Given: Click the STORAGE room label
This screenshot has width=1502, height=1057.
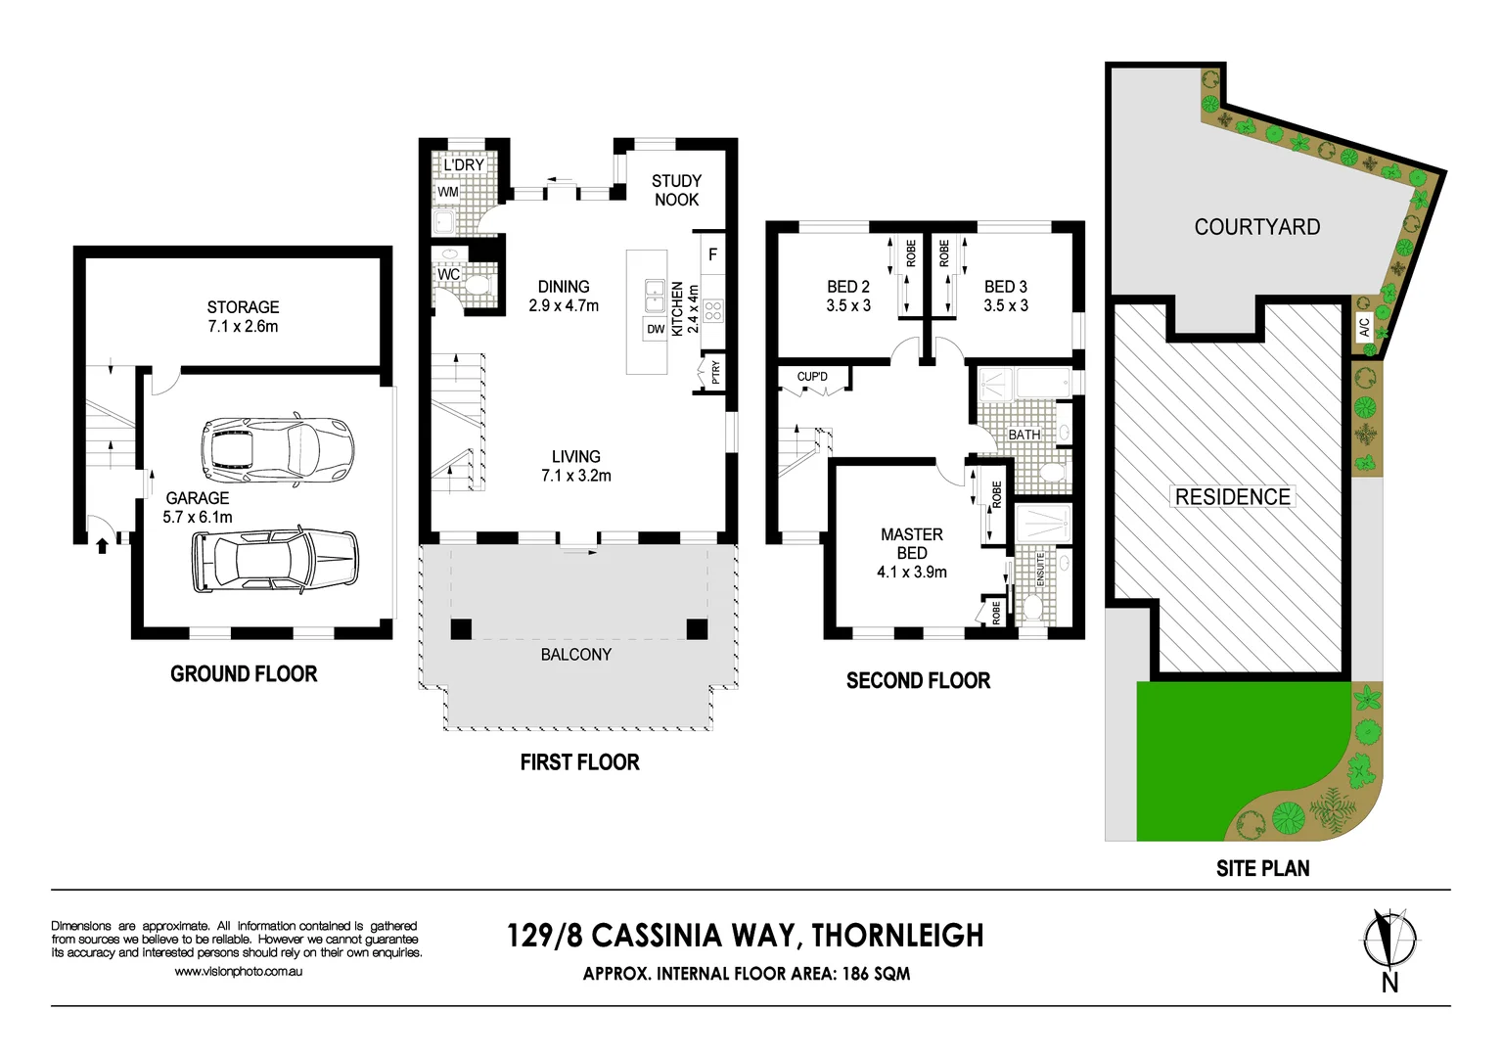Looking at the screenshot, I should tap(243, 307).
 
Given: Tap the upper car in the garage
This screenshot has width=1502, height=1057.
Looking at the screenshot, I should tap(276, 451).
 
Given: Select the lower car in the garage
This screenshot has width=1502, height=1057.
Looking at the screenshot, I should tap(276, 561).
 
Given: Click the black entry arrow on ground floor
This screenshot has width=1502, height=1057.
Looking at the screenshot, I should tap(102, 545).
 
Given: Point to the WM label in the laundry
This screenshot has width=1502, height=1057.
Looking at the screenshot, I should tap(448, 192).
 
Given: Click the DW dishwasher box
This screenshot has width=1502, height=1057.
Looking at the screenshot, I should tap(656, 330).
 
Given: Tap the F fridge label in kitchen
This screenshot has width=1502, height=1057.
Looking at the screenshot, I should tap(713, 254).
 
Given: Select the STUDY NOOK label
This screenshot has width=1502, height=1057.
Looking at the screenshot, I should tap(676, 190).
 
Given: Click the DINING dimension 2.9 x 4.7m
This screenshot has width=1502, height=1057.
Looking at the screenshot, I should tap(564, 305).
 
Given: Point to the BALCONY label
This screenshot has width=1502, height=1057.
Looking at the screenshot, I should tap(575, 655).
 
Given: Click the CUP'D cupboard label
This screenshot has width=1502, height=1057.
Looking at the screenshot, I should tap(812, 377).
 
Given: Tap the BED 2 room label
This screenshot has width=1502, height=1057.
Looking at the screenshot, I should tap(847, 287).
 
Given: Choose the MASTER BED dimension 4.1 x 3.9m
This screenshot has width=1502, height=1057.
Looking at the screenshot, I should tap(911, 573).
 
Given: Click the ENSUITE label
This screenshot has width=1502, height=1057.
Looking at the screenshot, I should tap(1041, 570).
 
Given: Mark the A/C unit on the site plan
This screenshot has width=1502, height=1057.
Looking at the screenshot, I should tap(1365, 327).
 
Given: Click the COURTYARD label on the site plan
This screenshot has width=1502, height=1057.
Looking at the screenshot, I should tap(1256, 227).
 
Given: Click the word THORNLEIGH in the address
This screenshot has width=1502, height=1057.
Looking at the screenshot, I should tap(897, 936).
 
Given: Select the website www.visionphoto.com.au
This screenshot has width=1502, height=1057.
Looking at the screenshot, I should tap(239, 972).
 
